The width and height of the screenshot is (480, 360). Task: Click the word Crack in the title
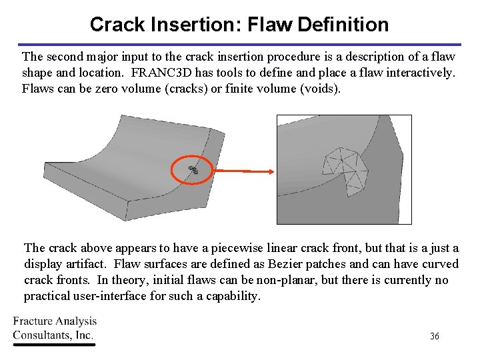pyautogui.click(x=117, y=25)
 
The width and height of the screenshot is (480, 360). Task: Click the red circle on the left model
pyautogui.click(x=193, y=170)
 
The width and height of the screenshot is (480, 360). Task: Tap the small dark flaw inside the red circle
pyautogui.click(x=193, y=170)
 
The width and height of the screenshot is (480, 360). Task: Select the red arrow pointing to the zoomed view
pyautogui.click(x=244, y=171)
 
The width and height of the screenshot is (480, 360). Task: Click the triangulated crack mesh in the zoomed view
pyautogui.click(x=344, y=167)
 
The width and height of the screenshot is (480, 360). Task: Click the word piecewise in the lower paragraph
pyautogui.click(x=203, y=248)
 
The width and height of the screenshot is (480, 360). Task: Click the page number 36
pyautogui.click(x=434, y=337)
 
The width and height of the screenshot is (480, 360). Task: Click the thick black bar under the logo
pyautogui.click(x=54, y=345)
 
